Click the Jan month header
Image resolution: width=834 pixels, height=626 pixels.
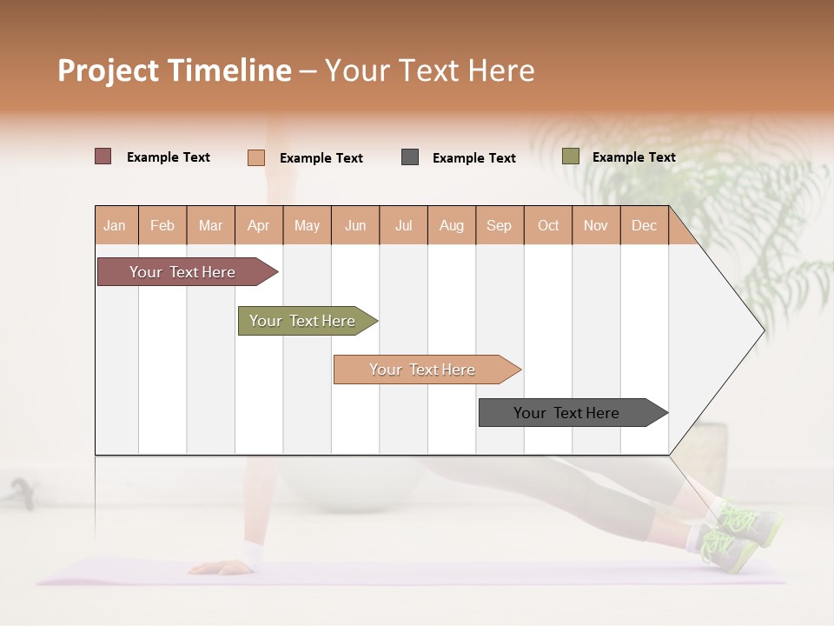click(116, 225)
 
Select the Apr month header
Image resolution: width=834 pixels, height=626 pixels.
click(259, 225)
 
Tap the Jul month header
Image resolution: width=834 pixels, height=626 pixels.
click(404, 225)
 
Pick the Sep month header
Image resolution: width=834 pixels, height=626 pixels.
click(500, 225)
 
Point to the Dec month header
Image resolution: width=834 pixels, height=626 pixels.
click(644, 225)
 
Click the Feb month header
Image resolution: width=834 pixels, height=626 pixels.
click(162, 225)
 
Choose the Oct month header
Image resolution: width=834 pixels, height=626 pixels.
click(548, 225)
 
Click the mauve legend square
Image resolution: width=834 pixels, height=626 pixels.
click(103, 156)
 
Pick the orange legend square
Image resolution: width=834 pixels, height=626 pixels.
click(255, 157)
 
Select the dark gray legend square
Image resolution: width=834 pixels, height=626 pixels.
click(410, 157)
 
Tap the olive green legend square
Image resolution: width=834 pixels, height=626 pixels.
click(570, 156)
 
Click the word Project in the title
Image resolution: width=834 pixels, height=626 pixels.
click(107, 70)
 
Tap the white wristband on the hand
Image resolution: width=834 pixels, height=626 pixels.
click(253, 553)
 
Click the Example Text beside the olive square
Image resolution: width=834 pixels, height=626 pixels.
click(633, 156)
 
